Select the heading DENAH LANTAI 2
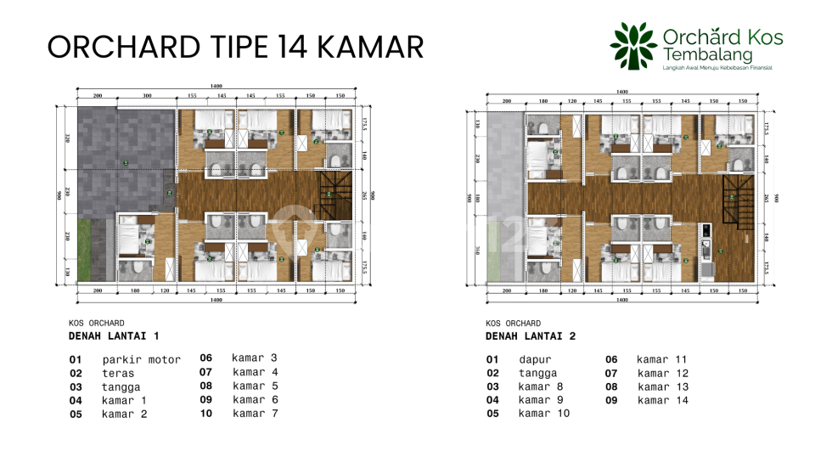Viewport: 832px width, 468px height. (531, 336)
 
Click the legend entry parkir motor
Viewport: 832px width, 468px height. (141, 359)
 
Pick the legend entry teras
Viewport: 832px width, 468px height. (118, 373)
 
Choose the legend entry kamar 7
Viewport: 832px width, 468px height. (255, 413)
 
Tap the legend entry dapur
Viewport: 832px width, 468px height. (535, 359)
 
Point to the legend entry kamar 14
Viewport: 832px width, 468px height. (663, 400)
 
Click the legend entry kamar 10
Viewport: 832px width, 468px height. (543, 414)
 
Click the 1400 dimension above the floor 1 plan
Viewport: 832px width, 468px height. (217, 87)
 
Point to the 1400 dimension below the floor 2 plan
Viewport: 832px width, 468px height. (621, 300)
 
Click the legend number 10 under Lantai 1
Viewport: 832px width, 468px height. (205, 414)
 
